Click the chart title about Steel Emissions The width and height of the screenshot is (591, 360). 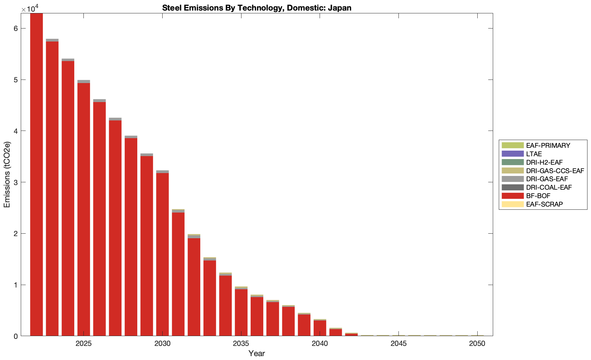[257, 8]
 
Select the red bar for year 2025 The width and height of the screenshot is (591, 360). [84, 209]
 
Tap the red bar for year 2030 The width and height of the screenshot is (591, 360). [162, 254]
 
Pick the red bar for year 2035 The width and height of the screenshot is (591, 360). [241, 312]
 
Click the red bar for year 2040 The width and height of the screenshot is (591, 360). [320, 330]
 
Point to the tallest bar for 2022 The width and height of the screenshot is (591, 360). [37, 175]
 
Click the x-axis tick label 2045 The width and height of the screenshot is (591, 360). [398, 343]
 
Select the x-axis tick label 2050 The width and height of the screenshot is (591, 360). [477, 343]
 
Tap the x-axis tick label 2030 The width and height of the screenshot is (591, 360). [162, 343]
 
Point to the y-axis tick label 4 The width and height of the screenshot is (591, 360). [16, 131]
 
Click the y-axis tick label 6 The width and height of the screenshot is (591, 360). [16, 29]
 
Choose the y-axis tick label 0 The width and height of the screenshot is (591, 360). [16, 336]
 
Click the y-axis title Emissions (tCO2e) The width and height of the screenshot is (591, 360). [7, 175]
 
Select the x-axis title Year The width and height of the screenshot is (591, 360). [257, 353]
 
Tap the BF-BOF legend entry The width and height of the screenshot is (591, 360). [538, 196]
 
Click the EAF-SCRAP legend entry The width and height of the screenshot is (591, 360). [544, 204]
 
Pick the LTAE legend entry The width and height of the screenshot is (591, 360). [534, 154]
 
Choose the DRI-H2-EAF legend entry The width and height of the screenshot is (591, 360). [544, 162]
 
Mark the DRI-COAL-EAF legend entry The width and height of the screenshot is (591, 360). [549, 187]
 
